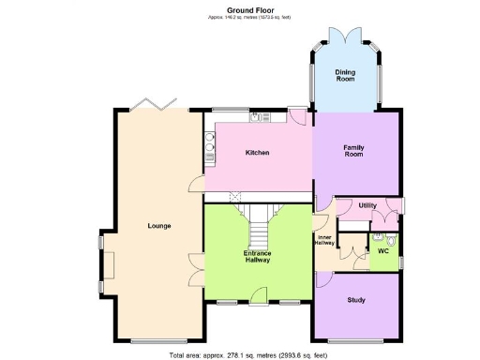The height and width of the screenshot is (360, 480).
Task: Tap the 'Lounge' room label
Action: point(158,226)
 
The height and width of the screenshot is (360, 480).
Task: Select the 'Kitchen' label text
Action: point(258,153)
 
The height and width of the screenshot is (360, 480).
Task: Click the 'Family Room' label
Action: point(353,150)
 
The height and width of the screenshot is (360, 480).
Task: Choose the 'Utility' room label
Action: point(367,205)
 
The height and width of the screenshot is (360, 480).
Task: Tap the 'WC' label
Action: point(382,251)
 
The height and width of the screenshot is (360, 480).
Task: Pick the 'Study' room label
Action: point(355,300)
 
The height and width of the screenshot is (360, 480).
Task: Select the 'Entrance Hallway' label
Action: point(258,257)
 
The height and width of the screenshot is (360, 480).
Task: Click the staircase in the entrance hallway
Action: point(258,224)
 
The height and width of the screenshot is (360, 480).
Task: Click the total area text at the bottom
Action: point(247,355)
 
